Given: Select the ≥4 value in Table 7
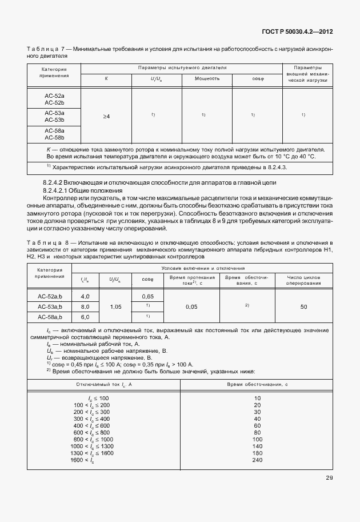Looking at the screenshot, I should pos(106,117).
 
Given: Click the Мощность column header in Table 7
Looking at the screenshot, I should pos(207,78).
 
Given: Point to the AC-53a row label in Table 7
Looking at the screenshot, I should pos(54,113).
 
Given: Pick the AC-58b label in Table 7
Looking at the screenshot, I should pos(54,137).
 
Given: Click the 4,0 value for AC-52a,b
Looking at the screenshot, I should pos(86,297).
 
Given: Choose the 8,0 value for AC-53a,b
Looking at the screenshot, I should pos(86,307).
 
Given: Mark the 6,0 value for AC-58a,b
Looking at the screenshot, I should pos(86,317).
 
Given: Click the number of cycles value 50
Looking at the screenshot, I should pos(303,307).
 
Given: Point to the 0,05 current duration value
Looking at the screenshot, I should pos(191,307).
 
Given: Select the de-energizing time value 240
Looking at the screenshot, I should pos(257,460).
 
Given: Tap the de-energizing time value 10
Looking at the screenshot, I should pos(257,397).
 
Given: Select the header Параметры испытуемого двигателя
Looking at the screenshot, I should pos(182,67).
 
